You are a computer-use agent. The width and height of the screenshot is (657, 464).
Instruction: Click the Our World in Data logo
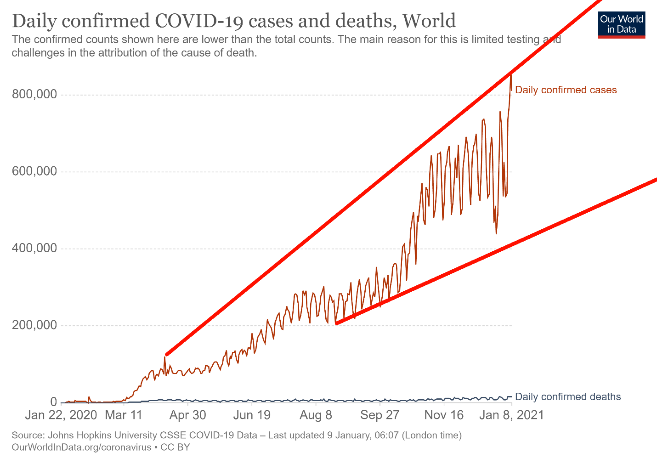coord(622,25)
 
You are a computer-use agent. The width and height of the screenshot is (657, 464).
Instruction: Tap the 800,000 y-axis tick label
coord(34,95)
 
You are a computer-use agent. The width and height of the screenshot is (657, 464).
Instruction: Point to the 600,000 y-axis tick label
coord(34,172)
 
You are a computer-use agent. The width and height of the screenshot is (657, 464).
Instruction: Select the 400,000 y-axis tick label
coord(34,249)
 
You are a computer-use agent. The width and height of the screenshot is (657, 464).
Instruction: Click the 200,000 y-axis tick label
coord(34,326)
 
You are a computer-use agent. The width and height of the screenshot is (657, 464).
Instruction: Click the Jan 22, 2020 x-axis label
coord(61,415)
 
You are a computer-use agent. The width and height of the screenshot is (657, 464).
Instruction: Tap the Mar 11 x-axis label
coord(124,415)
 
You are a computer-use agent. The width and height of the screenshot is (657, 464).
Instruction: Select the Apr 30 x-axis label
coord(188,415)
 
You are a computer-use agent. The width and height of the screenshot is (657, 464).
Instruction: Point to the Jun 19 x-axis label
coord(252,415)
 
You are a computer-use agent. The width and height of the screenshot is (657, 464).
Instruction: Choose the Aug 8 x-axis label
coord(316,415)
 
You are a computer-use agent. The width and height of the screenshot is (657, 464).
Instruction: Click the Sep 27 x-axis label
coord(380,415)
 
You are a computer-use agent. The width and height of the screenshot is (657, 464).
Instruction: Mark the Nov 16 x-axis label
coord(444,415)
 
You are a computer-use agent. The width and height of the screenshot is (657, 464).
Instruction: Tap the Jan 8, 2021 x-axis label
coord(511,415)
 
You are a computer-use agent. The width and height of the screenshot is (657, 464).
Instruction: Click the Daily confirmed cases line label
coord(566,90)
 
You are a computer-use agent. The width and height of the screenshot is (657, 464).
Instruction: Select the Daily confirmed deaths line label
coord(568,397)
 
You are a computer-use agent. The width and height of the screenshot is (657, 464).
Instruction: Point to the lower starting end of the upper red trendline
coord(166,355)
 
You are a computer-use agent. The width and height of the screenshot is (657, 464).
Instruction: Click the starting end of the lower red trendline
coord(337,323)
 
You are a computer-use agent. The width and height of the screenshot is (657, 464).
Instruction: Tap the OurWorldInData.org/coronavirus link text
coord(81,447)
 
